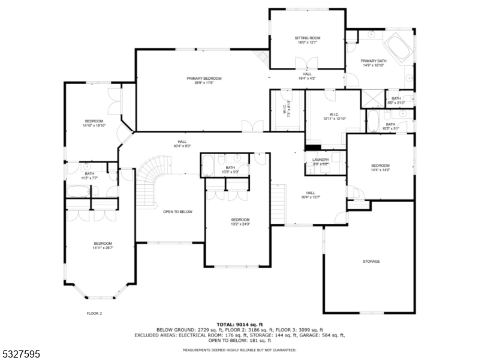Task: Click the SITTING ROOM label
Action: (307, 38)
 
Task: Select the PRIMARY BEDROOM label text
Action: (204, 79)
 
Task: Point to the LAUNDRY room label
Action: (321, 159)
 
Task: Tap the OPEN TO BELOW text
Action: (177, 212)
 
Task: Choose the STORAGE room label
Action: (371, 262)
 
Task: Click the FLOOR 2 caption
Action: (95, 313)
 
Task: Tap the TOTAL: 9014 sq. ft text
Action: (239, 324)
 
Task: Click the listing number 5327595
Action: (22, 354)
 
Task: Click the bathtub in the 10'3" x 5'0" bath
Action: (207, 165)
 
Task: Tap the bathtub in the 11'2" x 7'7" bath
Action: (77, 191)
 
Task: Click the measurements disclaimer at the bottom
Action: (239, 349)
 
